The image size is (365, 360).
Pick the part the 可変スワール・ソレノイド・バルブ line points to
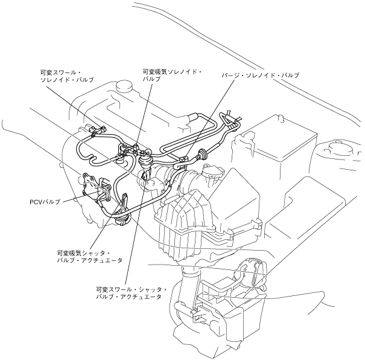(x=96, y=128)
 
